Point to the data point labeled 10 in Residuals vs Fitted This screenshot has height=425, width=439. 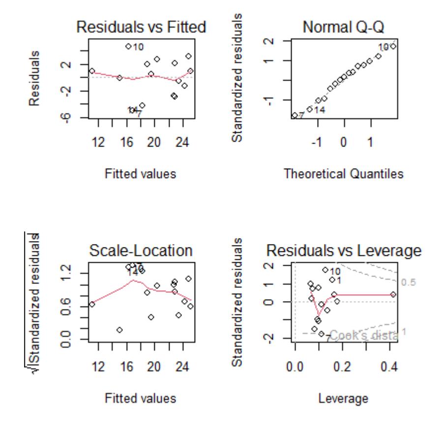pos(128,46)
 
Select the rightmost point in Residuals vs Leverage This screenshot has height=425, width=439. pos(393,294)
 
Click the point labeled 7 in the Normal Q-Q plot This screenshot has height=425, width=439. pos(294,116)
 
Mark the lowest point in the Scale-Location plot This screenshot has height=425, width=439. pos(119,330)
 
